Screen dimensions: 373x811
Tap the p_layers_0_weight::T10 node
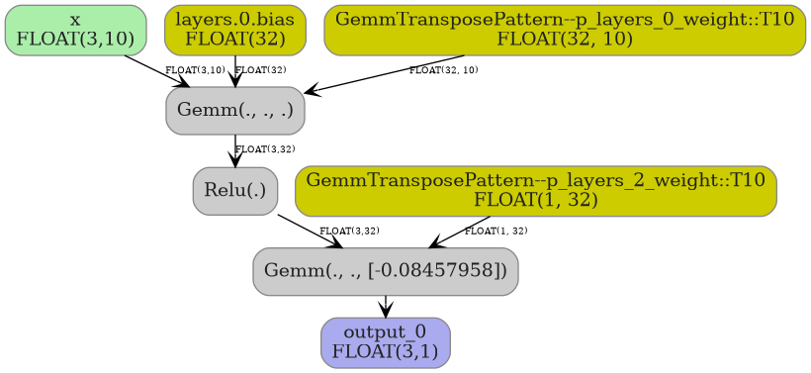tap(564, 30)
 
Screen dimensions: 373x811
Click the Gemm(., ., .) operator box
tap(234, 110)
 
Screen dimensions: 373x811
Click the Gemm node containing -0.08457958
tap(385, 271)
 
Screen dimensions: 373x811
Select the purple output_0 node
tap(385, 342)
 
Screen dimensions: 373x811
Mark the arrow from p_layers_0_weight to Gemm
tap(386, 74)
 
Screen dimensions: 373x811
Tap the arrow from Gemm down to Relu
tap(234, 150)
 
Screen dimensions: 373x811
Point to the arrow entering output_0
tap(385, 307)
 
